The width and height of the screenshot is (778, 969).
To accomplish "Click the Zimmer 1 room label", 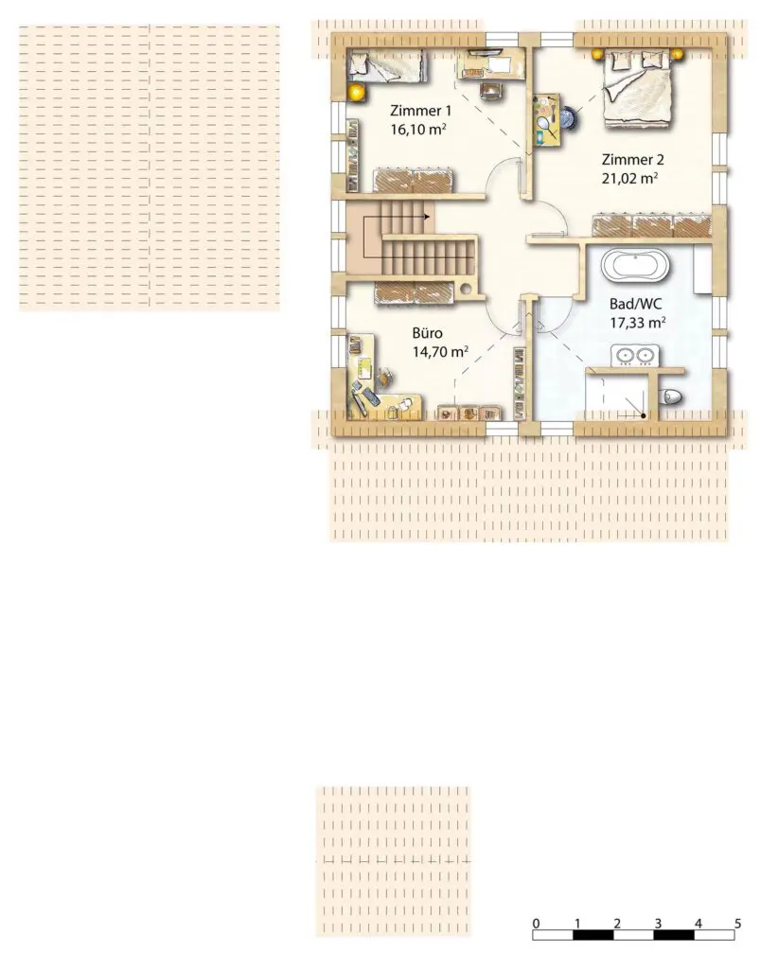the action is tap(421, 111).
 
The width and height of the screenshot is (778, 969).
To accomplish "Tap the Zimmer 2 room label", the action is tap(633, 159).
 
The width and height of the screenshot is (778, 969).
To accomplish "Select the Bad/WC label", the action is tap(636, 304).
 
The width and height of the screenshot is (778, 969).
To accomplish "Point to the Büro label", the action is tap(428, 333).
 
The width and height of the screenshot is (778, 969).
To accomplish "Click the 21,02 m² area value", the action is tap(629, 179).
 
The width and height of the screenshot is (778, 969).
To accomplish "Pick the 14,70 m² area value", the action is tap(440, 352).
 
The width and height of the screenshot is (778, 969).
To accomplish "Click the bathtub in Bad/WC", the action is tap(635, 265).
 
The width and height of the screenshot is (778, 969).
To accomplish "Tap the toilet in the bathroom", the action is tap(671, 396).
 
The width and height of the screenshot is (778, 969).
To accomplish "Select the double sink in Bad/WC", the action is tap(635, 356).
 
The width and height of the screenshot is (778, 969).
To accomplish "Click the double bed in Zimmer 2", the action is tap(638, 88).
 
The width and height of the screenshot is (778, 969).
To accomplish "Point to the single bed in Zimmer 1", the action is tap(387, 66).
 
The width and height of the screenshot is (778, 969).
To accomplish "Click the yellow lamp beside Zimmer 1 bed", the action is tap(356, 93).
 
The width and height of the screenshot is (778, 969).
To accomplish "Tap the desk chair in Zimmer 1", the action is tap(491, 90).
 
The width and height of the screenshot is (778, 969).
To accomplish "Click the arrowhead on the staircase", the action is tap(427, 217).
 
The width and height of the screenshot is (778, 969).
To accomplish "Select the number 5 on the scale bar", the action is tap(738, 924).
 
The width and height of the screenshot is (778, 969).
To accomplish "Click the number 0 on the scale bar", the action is tap(536, 924).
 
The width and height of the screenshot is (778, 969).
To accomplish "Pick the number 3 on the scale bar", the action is tap(658, 924).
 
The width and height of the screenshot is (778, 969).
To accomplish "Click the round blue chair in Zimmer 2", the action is tap(570, 117).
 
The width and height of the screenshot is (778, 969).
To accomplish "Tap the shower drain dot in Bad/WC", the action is tap(644, 416).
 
